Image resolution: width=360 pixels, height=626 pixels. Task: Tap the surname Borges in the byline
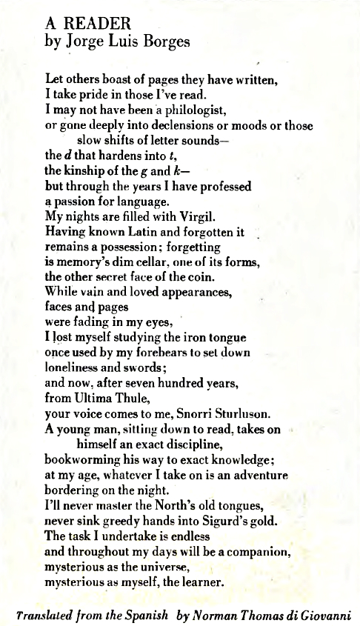pyautogui.click(x=164, y=41)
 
